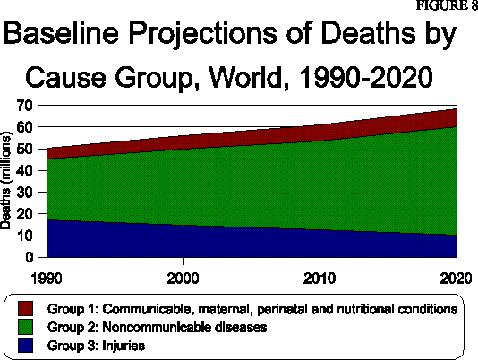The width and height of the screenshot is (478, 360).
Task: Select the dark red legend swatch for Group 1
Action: tap(24, 308)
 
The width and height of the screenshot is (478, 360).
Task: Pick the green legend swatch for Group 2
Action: tap(24, 326)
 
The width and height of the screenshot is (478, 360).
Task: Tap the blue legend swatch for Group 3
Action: tap(24, 344)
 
